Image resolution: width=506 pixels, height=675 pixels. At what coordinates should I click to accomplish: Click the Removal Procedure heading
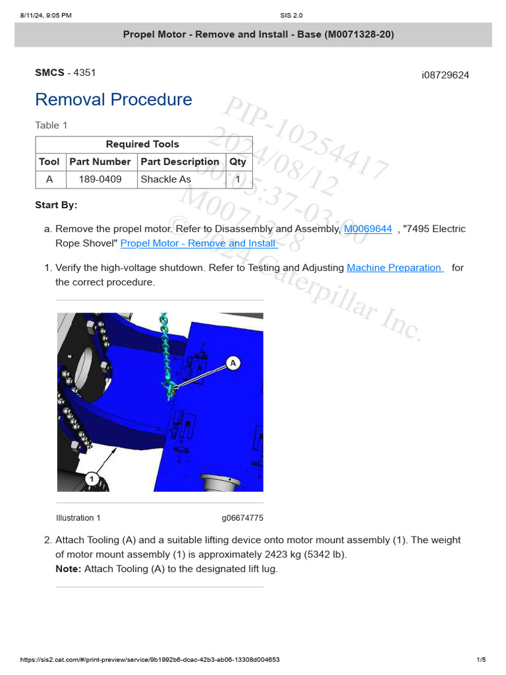(x=113, y=100)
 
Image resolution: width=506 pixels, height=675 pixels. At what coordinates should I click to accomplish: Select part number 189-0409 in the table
(x=96, y=179)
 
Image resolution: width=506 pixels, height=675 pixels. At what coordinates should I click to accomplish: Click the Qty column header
(x=237, y=161)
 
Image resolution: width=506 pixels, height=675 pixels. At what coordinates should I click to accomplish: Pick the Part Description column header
(x=180, y=161)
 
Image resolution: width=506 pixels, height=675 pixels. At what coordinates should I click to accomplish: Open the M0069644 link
(x=368, y=229)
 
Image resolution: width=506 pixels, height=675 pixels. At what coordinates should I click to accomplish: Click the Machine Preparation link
(x=395, y=268)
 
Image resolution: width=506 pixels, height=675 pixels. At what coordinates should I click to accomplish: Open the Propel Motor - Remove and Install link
(x=198, y=243)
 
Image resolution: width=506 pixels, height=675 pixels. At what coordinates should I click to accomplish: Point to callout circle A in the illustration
(x=233, y=363)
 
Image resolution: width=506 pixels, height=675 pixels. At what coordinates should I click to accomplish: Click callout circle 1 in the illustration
(x=92, y=479)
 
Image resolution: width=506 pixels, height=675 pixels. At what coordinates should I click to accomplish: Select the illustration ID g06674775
(x=242, y=518)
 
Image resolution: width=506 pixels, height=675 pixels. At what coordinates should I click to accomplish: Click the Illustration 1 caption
(x=78, y=518)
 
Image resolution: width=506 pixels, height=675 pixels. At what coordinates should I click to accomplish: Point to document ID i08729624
(x=445, y=75)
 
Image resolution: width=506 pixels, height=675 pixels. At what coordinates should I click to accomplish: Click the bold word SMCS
(x=50, y=73)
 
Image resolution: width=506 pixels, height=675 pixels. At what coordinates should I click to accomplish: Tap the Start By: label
(x=56, y=205)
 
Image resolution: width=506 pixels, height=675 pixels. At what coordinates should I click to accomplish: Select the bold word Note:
(x=69, y=569)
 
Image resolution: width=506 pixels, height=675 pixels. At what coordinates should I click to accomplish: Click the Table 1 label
(x=51, y=125)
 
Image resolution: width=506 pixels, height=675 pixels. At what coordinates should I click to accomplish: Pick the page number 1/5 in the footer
(x=481, y=660)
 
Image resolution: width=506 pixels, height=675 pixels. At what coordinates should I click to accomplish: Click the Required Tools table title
(x=142, y=144)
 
